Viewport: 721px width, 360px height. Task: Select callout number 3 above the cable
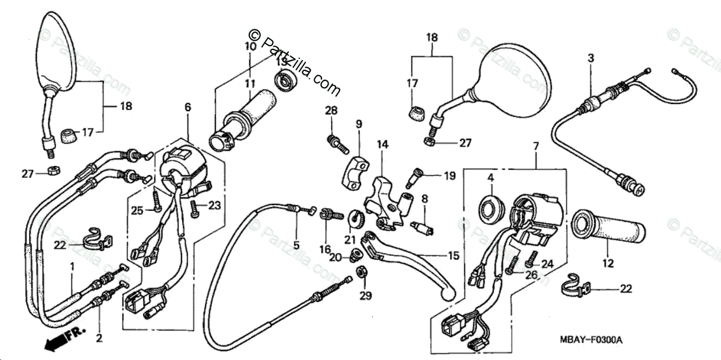click(x=591, y=58)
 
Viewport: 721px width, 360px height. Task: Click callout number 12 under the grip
click(x=607, y=263)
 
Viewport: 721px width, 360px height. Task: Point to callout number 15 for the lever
click(x=453, y=255)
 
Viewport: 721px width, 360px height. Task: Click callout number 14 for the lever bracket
click(x=383, y=144)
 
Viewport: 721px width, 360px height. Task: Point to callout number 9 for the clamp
click(x=359, y=124)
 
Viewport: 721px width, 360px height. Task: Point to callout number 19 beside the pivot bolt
click(x=450, y=176)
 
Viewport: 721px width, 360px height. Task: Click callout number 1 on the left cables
click(x=73, y=266)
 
